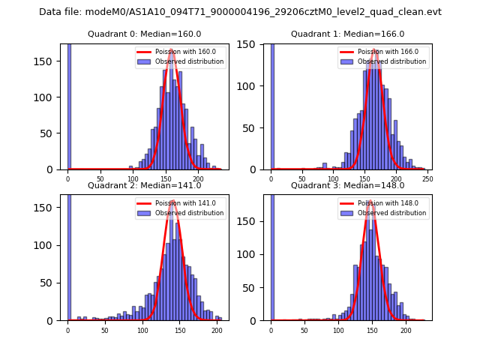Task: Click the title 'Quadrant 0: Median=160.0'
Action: tap(144, 34)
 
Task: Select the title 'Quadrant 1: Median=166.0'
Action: tap(347, 34)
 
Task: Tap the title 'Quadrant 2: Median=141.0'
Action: tap(144, 185)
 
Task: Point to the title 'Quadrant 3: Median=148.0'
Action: tap(347, 185)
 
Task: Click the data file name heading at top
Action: tap(240, 12)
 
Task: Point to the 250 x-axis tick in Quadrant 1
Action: tap(427, 178)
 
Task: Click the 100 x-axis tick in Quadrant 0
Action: tap(133, 178)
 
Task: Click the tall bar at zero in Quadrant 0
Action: tap(69, 105)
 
